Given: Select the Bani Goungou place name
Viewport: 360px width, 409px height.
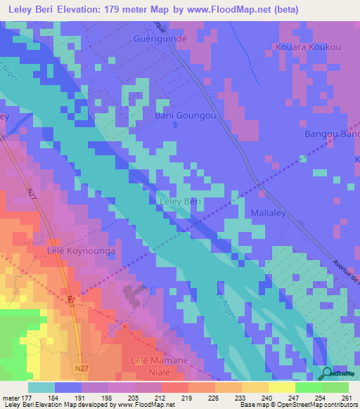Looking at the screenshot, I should (x=185, y=115).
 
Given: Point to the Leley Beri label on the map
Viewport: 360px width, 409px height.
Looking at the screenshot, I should (x=177, y=202).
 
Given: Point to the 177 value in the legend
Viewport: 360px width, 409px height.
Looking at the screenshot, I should (x=25, y=398).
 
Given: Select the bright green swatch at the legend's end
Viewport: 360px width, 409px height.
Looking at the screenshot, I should (x=335, y=387).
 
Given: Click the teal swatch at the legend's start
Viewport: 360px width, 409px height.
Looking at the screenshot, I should (x=41, y=387).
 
